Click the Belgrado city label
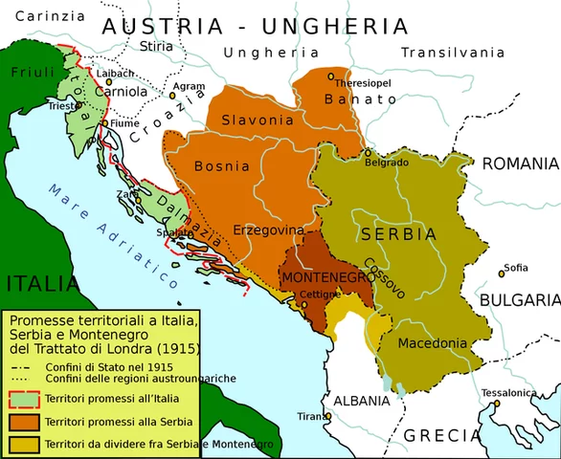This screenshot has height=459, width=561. coord(387,164)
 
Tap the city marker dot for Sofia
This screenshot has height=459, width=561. coord(501,274)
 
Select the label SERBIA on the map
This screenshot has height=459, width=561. coord(397,234)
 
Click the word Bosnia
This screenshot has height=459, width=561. coord(221,166)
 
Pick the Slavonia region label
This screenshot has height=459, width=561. coord(257,120)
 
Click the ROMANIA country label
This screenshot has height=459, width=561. coord(520,164)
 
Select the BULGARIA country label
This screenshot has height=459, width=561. coord(520,299)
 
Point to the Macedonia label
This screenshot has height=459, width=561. coord(433,343)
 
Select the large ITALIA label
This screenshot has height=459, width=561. coord(40,284)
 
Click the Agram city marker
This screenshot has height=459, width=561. coord(173,96)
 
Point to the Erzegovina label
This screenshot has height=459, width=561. coord(269,230)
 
